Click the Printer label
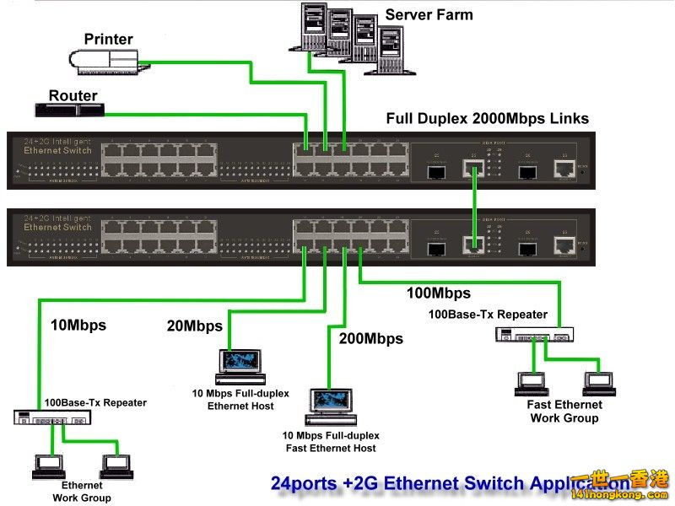pos(109,39)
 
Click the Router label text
pos(73,95)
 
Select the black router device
pos(69,110)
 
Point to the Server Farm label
pos(429,14)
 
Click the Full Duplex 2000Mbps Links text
pos(487,119)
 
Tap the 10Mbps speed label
pos(78,325)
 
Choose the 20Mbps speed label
pos(194,326)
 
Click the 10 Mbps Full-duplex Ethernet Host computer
pos(240,363)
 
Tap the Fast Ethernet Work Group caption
pos(564,412)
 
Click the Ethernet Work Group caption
pos(82,491)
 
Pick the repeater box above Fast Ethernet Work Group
pos(534,335)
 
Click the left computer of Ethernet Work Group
pos(46,465)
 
